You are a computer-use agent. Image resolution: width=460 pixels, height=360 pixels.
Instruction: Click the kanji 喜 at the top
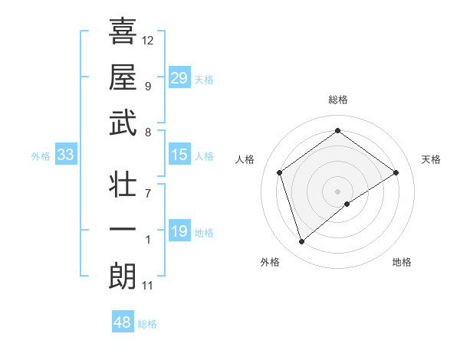[123, 32]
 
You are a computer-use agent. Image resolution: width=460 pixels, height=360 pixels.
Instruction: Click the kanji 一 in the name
[123, 231]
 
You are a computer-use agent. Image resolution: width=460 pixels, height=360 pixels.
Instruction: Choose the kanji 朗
[123, 277]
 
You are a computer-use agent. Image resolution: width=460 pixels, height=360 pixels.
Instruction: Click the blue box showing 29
[179, 78]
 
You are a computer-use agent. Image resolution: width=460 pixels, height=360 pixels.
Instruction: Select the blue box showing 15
[179, 155]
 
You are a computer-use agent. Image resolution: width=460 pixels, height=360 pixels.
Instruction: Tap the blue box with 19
[179, 231]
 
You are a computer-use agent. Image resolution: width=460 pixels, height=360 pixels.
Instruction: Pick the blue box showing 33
[65, 155]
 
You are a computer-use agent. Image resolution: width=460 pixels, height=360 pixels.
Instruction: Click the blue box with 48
[123, 322]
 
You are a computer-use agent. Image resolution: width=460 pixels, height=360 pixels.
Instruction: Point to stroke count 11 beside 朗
[148, 286]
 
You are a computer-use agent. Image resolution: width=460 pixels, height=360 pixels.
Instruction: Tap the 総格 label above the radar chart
[337, 100]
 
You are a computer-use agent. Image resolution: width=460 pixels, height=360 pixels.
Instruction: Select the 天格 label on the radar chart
[431, 159]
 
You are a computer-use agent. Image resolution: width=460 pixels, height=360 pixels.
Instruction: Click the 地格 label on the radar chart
[402, 262]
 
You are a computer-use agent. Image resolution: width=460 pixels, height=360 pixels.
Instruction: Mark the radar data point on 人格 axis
[280, 172]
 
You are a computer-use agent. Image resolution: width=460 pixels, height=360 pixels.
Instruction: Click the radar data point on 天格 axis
[396, 172]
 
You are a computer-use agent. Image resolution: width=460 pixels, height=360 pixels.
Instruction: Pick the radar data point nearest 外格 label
[302, 242]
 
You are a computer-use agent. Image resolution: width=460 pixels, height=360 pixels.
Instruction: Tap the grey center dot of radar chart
[337, 190]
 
